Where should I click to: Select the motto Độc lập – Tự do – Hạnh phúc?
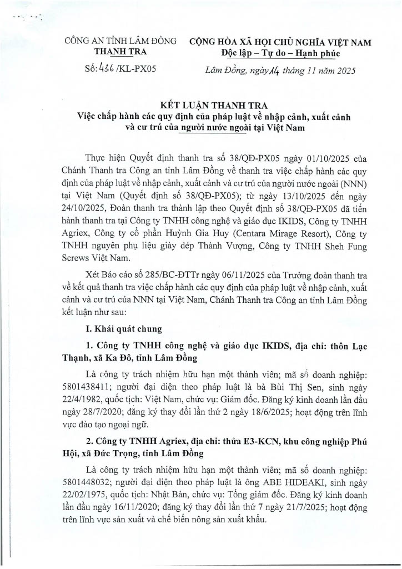[x=280, y=53]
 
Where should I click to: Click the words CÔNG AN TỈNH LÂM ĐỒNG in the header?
[x=120, y=42]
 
